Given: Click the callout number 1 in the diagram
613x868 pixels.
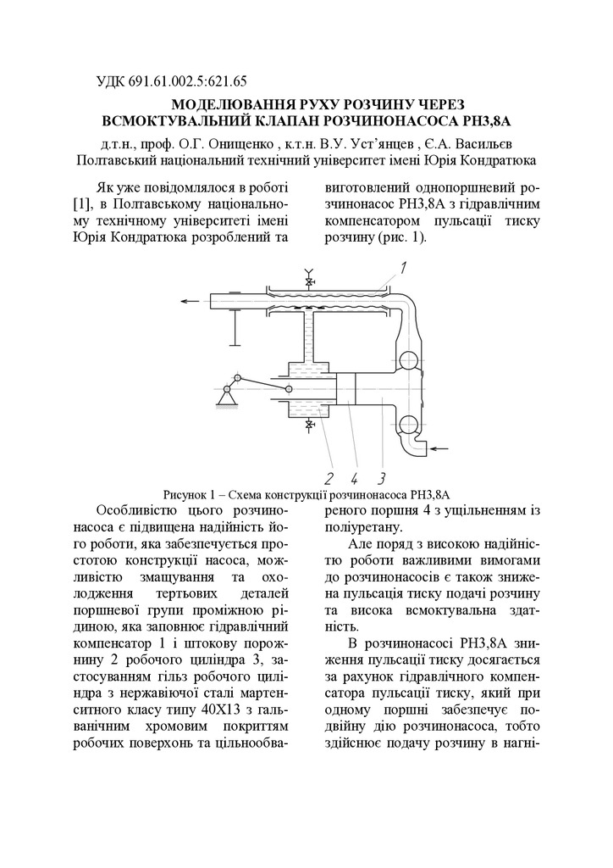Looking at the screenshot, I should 404,269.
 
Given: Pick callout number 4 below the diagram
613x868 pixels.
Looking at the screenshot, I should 355,478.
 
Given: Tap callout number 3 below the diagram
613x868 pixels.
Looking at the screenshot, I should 382,478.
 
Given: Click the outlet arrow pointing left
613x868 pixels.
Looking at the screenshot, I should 192,300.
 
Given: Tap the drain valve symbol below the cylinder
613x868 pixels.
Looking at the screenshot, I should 309,424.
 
